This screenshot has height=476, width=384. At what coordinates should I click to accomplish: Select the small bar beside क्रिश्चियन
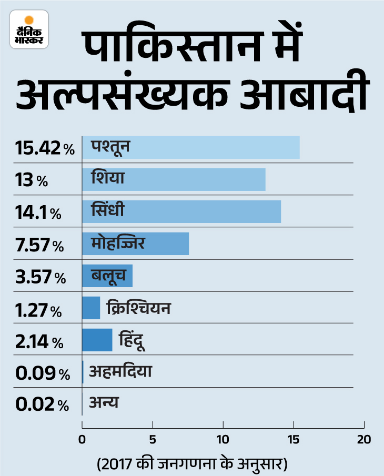(x=91, y=308)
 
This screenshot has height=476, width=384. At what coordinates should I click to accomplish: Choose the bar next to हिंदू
(x=97, y=340)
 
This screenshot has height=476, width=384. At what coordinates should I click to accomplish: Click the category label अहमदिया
(x=121, y=371)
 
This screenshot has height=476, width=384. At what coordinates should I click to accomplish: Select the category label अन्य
(x=104, y=403)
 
